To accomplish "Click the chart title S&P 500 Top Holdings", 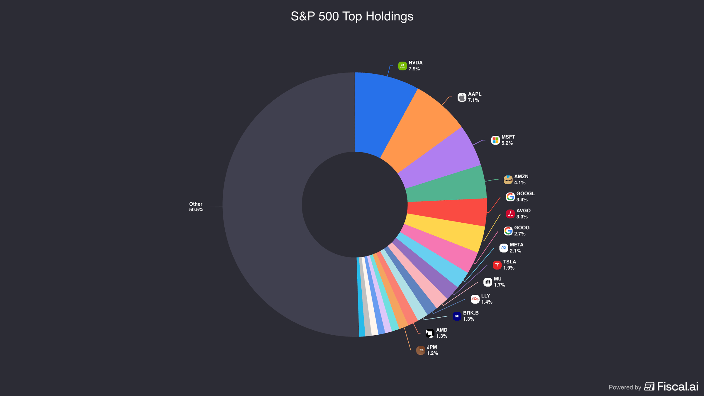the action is (352, 16).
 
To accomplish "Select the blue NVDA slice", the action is (381, 111).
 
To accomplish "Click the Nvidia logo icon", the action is (402, 66).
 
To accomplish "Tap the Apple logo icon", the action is (462, 97).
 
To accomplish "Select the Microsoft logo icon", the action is (495, 140).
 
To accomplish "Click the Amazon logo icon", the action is (508, 180).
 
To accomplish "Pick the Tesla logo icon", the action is (497, 265).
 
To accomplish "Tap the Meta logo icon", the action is (504, 248).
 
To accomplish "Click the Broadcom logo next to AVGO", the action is (510, 214).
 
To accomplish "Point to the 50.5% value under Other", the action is (196, 210).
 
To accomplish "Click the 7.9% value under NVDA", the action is (414, 69).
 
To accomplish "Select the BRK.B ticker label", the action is (471, 313).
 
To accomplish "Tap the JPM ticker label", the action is (432, 347).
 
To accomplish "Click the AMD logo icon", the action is (430, 333).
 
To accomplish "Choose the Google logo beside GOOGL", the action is (510, 197).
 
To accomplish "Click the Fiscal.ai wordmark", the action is (678, 387).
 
